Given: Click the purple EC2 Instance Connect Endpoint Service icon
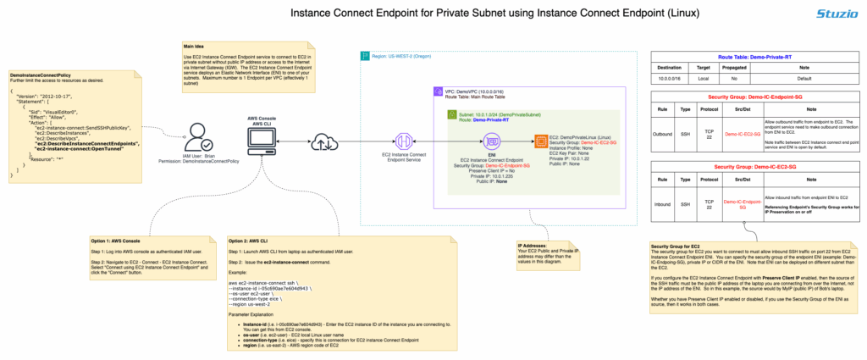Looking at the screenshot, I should [404, 141].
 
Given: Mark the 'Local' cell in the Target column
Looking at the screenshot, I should [702, 77].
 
